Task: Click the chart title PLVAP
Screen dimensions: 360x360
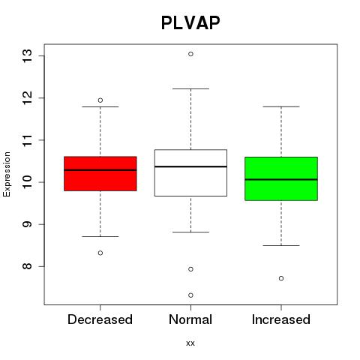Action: pyautogui.click(x=190, y=22)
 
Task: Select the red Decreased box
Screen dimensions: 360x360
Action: pyautogui.click(x=100, y=174)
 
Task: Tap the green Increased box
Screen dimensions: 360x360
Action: pyautogui.click(x=281, y=178)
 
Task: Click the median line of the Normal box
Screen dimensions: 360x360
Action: pyautogui.click(x=190, y=166)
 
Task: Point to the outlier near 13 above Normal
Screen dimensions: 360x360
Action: pyautogui.click(x=190, y=54)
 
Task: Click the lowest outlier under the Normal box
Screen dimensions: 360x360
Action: pyautogui.click(x=190, y=295)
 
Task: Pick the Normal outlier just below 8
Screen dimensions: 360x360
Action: pyautogui.click(x=190, y=269)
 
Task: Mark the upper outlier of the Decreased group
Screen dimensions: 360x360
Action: pyautogui.click(x=100, y=100)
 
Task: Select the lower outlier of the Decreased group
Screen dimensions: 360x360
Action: pyautogui.click(x=100, y=253)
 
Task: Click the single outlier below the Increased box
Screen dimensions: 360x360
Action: pyautogui.click(x=281, y=278)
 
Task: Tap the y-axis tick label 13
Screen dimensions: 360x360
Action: pyautogui.click(x=27, y=56)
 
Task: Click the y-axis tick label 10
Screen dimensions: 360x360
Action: pyautogui.click(x=27, y=182)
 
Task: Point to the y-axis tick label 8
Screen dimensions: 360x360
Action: pyautogui.click(x=27, y=266)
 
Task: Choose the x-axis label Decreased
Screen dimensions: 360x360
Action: pyautogui.click(x=100, y=319)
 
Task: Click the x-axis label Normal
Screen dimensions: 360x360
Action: pyautogui.click(x=190, y=319)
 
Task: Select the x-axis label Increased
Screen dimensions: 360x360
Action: pyautogui.click(x=281, y=319)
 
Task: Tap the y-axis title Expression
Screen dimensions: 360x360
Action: pyautogui.click(x=7, y=174)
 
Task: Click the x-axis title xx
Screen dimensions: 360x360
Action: pyautogui.click(x=190, y=343)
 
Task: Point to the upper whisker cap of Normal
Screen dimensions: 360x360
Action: pyautogui.click(x=190, y=88)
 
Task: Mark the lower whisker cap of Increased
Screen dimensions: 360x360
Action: pyautogui.click(x=281, y=245)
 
